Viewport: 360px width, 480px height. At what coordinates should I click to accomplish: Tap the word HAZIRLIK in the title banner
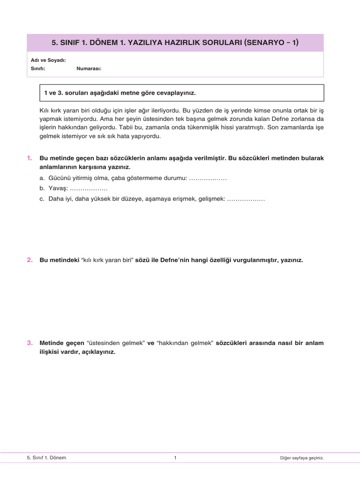(x=180, y=43)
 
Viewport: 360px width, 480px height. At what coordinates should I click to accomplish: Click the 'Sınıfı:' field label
(x=38, y=68)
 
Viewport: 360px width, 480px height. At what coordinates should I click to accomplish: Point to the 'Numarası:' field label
(x=89, y=68)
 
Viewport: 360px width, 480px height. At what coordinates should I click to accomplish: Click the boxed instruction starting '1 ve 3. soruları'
(x=120, y=93)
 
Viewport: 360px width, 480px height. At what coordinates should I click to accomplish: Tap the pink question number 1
(x=30, y=158)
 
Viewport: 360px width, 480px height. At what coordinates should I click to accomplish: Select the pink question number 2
(x=30, y=260)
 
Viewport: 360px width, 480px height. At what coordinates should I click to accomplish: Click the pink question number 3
(x=30, y=343)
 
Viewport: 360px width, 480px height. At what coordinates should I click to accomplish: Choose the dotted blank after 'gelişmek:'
(x=246, y=199)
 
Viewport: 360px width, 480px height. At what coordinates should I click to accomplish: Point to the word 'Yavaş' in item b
(x=58, y=189)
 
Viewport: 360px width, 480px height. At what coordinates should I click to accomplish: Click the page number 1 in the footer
(x=175, y=457)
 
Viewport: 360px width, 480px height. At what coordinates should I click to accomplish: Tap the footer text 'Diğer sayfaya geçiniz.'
(x=300, y=457)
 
